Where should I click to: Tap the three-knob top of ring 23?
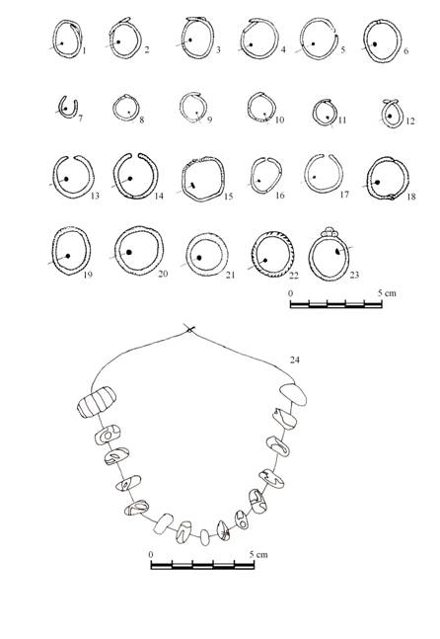329,232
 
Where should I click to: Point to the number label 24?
295,359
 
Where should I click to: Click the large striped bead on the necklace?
97,402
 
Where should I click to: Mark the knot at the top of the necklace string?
189,329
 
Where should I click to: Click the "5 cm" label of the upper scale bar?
387,293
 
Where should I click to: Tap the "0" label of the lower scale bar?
151,554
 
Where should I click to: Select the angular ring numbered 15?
183,180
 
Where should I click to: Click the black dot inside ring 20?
129,252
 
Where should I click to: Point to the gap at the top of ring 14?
134,155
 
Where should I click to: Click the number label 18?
411,197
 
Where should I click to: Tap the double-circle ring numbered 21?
187,255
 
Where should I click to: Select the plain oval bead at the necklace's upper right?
293,395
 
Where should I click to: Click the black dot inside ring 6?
375,44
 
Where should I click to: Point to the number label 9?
209,120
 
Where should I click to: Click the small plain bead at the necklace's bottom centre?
205,537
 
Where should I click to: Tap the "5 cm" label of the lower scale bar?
258,554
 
